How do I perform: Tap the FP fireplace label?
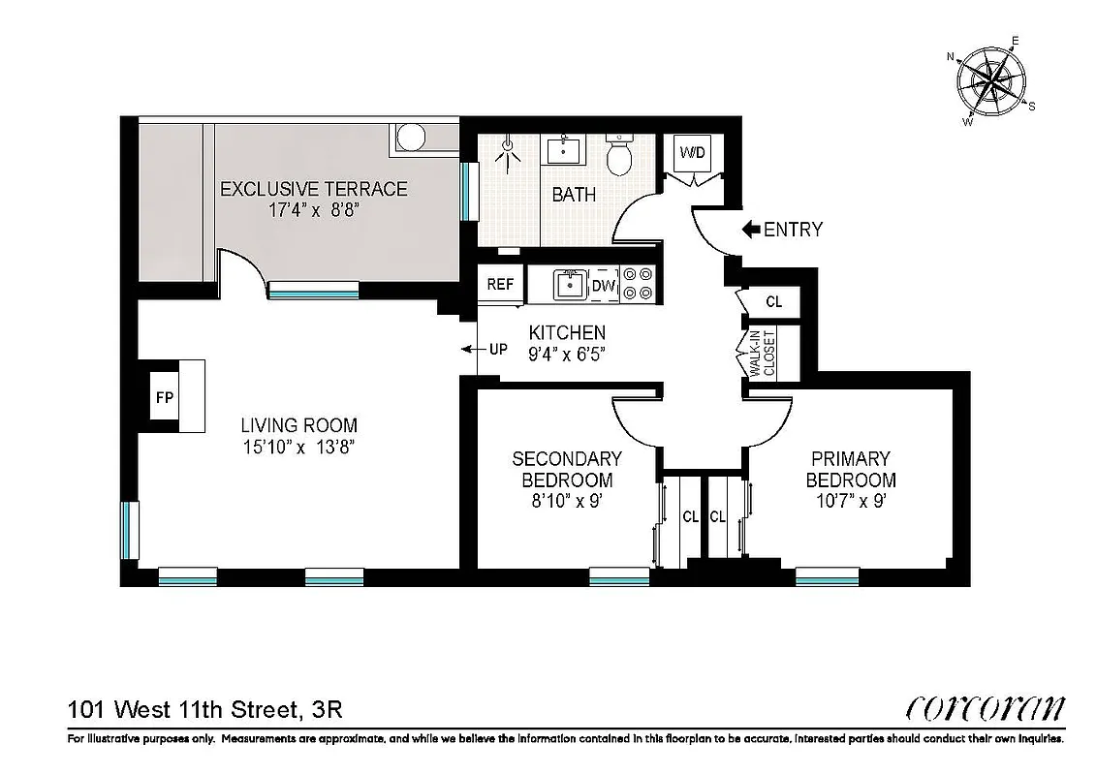[164, 397]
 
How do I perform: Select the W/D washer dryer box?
[692, 153]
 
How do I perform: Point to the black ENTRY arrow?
[751, 230]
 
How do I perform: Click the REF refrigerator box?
[500, 285]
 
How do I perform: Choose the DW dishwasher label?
[604, 286]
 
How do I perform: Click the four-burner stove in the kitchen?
[639, 284]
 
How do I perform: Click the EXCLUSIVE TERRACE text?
[314, 189]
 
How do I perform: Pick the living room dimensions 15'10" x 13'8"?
[298, 448]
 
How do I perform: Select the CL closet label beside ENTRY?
[773, 302]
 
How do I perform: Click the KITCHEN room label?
[567, 332]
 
